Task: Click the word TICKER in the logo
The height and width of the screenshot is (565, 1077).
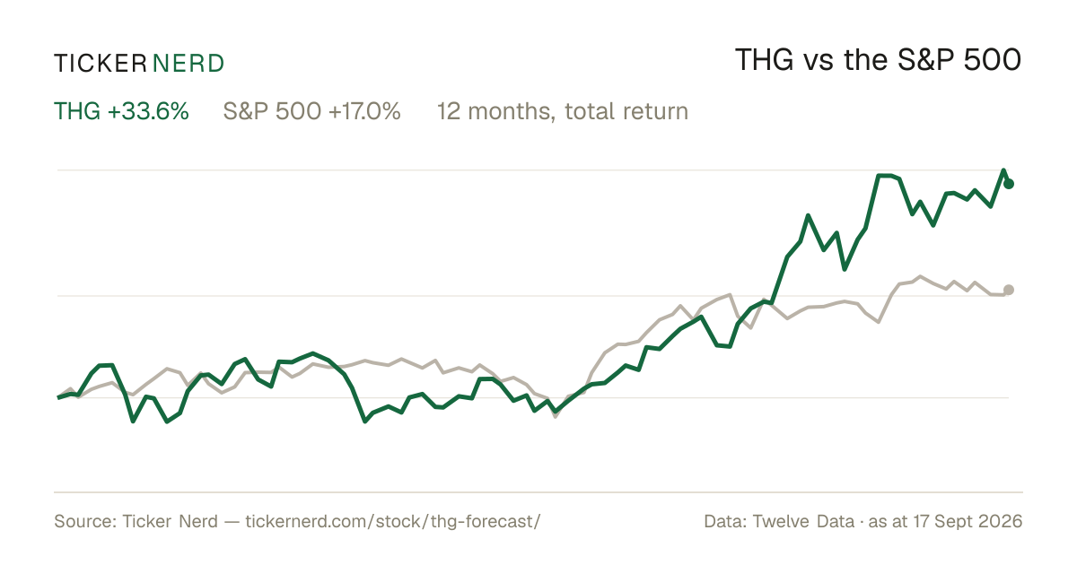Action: (x=101, y=64)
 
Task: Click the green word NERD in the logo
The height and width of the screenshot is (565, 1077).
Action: (x=188, y=64)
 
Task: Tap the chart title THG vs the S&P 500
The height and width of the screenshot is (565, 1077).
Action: (x=878, y=60)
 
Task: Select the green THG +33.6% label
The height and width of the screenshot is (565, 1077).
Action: (x=121, y=111)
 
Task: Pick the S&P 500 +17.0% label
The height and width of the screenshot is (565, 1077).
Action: (x=311, y=111)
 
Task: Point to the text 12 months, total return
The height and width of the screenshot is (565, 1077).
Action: (x=563, y=111)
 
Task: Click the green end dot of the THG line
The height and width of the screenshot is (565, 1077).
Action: (x=1009, y=184)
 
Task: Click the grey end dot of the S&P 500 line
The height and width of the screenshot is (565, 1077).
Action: (x=1009, y=290)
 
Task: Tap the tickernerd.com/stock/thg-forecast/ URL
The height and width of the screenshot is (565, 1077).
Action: (x=393, y=521)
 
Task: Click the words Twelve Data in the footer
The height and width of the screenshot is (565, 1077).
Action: (x=803, y=521)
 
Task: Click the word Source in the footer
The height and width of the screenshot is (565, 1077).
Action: (x=85, y=521)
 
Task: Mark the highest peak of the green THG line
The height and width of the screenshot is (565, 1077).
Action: (x=1003, y=170)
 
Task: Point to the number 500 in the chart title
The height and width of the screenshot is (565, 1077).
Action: (x=993, y=60)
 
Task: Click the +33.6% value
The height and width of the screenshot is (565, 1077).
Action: (x=148, y=111)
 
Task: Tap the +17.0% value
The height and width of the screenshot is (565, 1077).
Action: (x=364, y=111)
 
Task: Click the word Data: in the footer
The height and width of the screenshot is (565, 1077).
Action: (x=725, y=521)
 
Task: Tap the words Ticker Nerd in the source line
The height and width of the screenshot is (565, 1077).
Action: (x=170, y=521)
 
